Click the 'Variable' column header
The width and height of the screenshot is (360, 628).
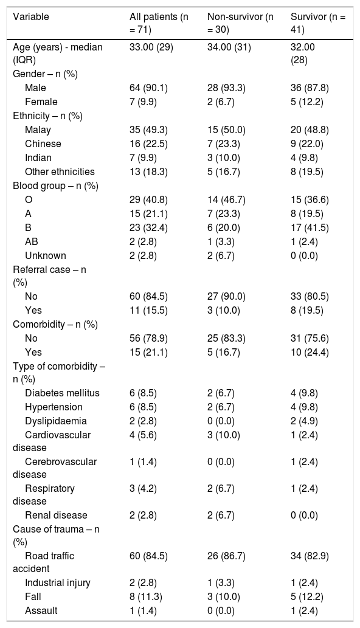[x=31, y=17]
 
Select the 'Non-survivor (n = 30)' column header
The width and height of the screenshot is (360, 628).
[x=240, y=23]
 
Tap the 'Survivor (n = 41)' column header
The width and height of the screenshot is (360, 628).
[x=318, y=23]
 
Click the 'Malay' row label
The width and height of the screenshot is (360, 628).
[x=38, y=129]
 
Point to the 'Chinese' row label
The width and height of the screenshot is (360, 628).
[x=43, y=144]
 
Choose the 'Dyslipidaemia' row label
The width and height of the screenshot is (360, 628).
[x=56, y=421]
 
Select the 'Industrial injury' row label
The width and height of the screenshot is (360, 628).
[x=58, y=582]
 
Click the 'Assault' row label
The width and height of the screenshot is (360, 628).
[x=41, y=610]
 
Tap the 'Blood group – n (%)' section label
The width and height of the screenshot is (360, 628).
[x=56, y=186]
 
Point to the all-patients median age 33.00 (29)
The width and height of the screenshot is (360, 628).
[x=151, y=47]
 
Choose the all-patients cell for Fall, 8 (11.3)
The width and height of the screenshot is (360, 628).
[x=146, y=596]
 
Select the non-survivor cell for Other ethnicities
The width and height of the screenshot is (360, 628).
[x=223, y=172]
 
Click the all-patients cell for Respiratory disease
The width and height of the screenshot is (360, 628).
[x=143, y=488]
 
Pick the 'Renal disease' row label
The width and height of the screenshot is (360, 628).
[x=56, y=515]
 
